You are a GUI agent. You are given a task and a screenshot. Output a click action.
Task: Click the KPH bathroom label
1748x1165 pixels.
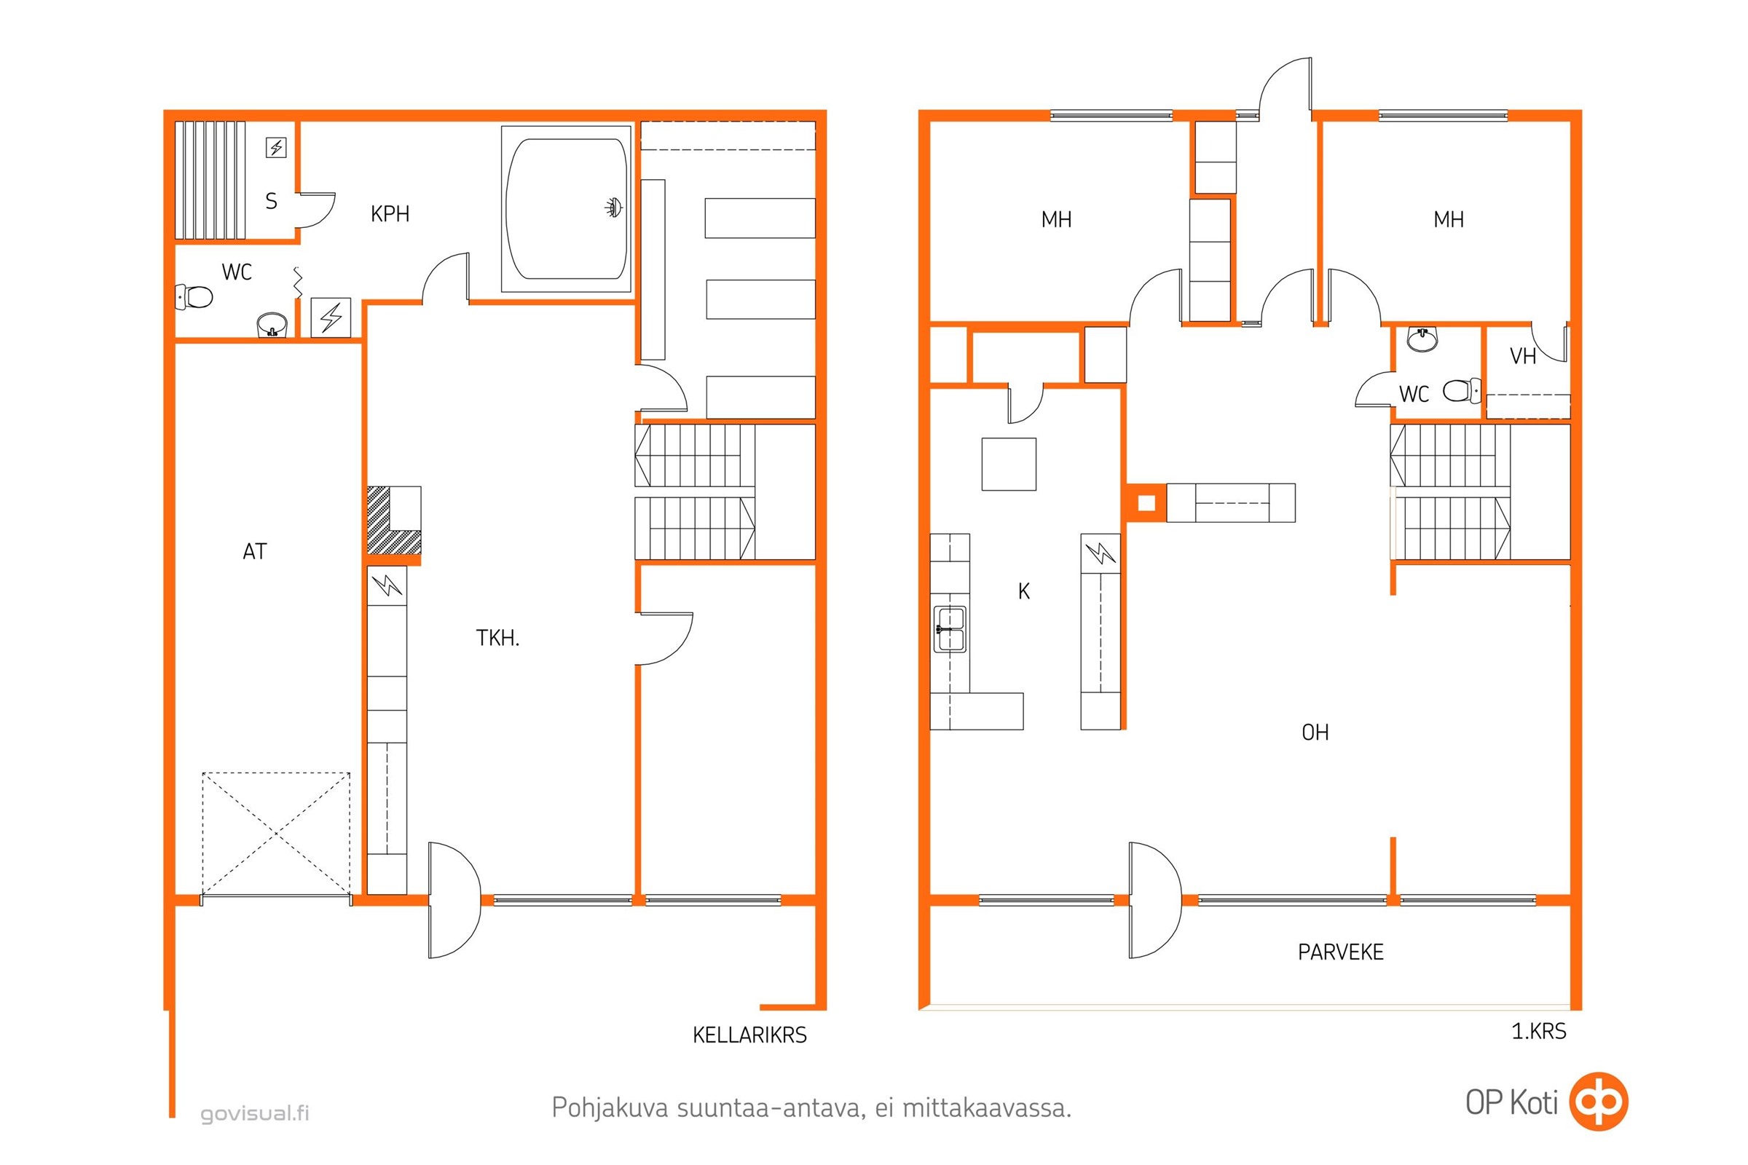(x=390, y=214)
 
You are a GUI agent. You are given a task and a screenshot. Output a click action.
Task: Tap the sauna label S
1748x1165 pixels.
(x=271, y=202)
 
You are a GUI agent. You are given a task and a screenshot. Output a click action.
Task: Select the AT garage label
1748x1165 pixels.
(x=255, y=551)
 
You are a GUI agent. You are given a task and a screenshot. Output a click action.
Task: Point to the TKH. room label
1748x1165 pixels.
(x=497, y=638)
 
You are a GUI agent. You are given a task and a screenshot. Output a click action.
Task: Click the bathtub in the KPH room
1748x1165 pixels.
(x=567, y=209)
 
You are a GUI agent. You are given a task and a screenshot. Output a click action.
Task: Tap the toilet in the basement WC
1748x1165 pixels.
(x=194, y=297)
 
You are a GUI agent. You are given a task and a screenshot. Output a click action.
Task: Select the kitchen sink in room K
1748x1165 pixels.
(x=950, y=628)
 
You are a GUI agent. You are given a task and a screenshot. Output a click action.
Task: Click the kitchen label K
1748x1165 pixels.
(x=1024, y=591)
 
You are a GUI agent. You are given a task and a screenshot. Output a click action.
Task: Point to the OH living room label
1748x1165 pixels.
(x=1315, y=732)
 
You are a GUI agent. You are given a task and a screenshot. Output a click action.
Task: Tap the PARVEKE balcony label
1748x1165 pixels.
(x=1341, y=952)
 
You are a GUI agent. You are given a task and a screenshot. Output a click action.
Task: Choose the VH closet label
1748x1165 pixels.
(x=1523, y=357)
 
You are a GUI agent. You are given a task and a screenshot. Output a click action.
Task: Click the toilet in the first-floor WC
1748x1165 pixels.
(x=1462, y=390)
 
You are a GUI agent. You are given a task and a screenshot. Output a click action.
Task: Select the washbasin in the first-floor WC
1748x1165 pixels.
(x=1422, y=339)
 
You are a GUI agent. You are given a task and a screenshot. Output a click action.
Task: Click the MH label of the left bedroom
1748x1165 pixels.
(x=1056, y=220)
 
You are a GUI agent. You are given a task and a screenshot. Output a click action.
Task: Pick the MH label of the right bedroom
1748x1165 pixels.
(x=1449, y=220)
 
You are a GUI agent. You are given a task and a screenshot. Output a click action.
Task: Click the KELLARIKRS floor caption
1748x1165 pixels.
(x=749, y=1035)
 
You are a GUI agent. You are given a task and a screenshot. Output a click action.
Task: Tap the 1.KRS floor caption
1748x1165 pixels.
(x=1538, y=1031)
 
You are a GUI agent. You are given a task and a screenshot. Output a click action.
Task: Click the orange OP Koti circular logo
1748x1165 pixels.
(x=1599, y=1101)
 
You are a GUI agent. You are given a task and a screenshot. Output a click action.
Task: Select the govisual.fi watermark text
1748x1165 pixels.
(x=255, y=1113)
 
